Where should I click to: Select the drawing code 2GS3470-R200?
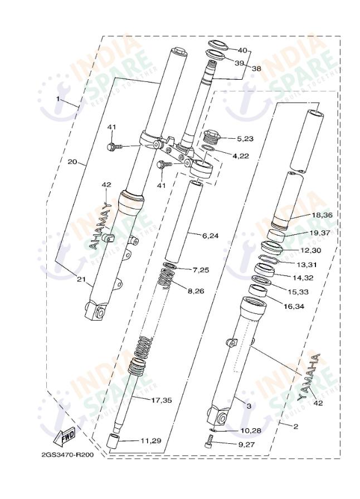pos(67,454)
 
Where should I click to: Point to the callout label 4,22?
pos(241,156)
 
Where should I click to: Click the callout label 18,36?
pos(322,215)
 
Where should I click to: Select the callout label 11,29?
pos(150,440)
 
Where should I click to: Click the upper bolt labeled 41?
pos(111,147)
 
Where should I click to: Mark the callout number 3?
pos(249,408)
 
